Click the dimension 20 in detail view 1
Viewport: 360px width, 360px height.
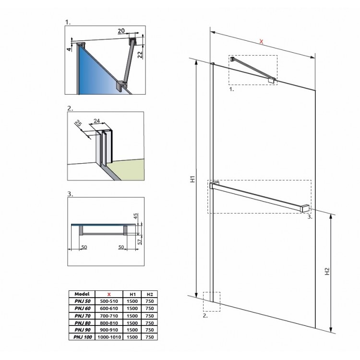(121, 31)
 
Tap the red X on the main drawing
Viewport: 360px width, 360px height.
(261, 42)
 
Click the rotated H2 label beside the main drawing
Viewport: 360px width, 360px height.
(327, 272)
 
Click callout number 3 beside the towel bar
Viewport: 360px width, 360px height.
(310, 217)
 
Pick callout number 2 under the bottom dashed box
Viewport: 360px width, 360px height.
(205, 316)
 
